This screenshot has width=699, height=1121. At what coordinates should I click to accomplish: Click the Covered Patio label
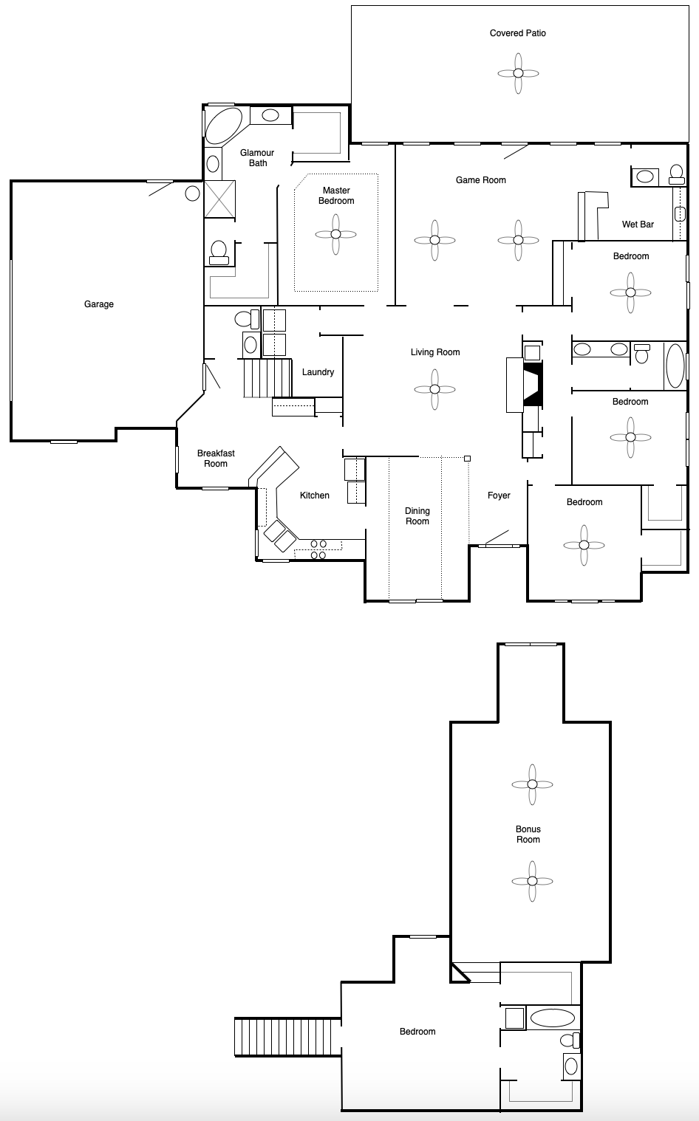point(517,33)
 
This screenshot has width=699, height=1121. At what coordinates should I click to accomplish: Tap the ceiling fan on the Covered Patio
point(518,73)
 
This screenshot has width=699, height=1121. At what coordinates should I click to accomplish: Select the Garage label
point(98,304)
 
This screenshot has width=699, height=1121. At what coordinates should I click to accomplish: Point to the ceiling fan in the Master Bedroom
point(335,234)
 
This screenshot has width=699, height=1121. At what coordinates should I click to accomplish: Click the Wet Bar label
point(637,224)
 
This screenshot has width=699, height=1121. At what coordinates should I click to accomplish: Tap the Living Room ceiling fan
point(434,389)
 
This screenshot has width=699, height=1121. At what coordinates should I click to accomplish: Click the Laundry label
point(318,372)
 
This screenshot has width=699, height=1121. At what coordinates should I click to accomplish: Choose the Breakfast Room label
point(216,459)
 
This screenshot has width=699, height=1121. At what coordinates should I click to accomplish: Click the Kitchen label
point(314,496)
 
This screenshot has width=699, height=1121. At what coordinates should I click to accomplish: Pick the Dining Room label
point(417,516)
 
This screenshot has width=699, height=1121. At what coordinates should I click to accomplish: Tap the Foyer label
point(499,496)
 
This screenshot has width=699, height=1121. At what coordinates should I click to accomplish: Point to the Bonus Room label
point(528,834)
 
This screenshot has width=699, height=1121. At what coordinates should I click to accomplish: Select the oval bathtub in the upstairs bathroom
point(551,1018)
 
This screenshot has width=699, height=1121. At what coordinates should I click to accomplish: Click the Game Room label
point(480,180)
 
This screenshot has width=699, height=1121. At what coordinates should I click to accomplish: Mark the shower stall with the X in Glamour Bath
point(220,199)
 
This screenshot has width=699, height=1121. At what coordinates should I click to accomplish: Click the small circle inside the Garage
point(192,193)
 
